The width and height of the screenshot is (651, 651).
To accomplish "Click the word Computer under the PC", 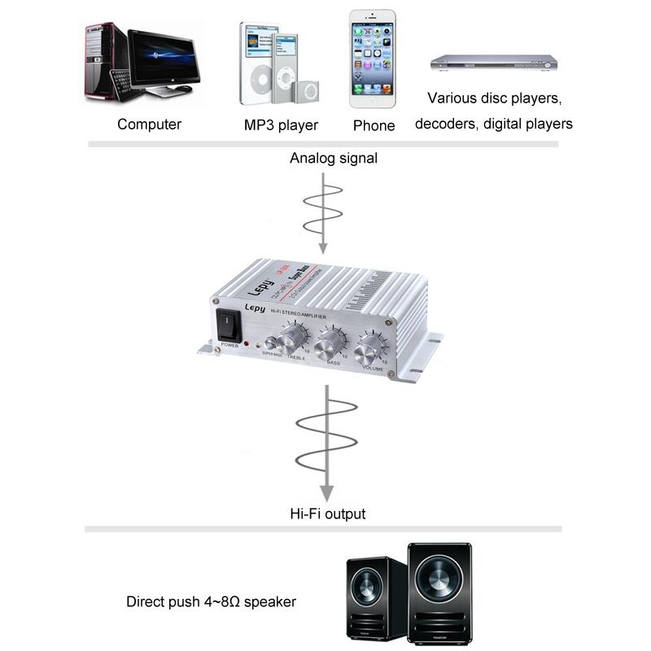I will tap(149, 125).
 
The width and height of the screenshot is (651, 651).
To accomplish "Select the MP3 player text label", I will tap(281, 125).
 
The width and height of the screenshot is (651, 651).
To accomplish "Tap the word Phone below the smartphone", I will tap(374, 126).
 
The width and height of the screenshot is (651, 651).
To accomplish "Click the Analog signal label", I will tap(334, 159).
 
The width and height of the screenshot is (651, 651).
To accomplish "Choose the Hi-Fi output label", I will tap(328, 513).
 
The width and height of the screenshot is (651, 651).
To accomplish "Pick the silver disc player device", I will tap(493, 63).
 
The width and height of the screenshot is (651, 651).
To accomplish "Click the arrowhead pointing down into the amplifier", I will tap(323, 247).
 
